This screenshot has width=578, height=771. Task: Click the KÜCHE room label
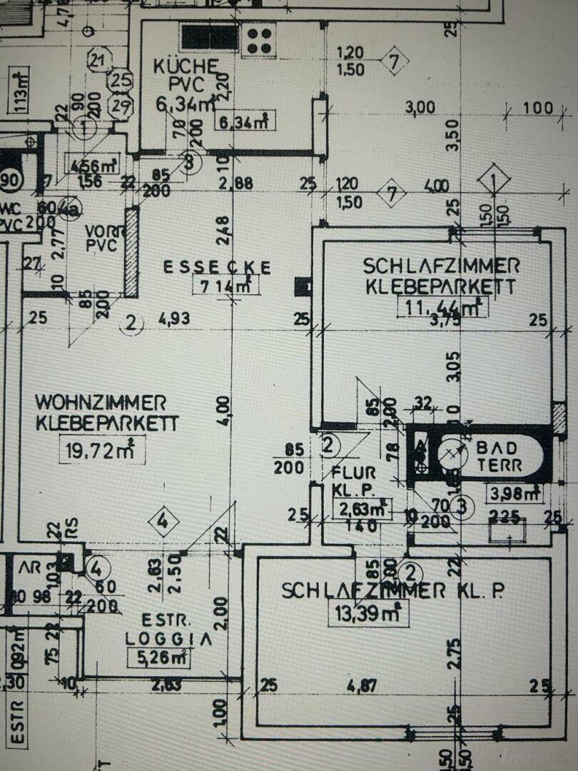[x=178, y=67]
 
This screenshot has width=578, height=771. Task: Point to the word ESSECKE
[x=217, y=268]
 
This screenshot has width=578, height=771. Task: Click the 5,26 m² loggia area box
[x=158, y=658]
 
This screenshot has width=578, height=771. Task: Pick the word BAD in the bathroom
[x=499, y=448]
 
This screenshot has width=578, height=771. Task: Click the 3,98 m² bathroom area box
[x=513, y=493]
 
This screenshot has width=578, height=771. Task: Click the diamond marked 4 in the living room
[x=163, y=521]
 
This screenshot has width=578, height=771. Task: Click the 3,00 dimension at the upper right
[x=420, y=108]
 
